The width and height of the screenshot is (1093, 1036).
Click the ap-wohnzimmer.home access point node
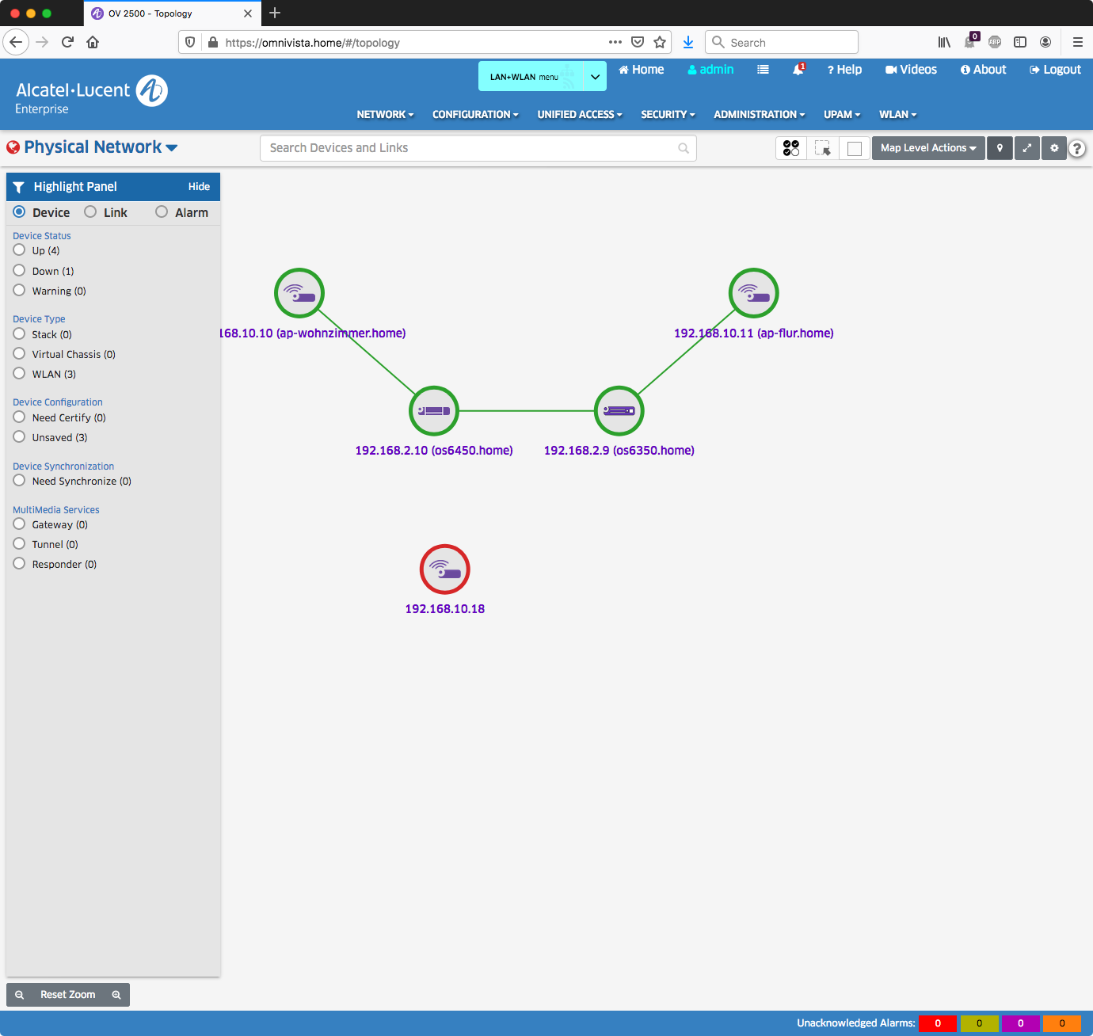[299, 293]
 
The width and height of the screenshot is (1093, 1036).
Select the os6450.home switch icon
[434, 411]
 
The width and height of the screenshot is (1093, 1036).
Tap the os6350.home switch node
[619, 411]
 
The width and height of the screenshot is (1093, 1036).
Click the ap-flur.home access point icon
[754, 293]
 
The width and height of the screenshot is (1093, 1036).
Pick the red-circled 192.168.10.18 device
[445, 569]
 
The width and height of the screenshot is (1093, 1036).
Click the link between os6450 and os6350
[527, 411]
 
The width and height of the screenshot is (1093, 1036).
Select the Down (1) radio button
[20, 270]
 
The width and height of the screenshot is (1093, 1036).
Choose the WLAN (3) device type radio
[20, 373]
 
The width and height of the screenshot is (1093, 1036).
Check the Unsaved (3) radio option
[20, 436]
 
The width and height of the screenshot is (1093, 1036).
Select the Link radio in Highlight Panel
[91, 211]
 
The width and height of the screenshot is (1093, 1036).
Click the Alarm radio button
[162, 211]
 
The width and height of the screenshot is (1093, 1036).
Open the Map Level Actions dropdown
[928, 148]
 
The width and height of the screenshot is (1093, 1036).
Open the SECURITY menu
[668, 115]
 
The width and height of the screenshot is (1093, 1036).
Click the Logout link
[1056, 70]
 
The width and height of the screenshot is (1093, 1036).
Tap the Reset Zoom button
[68, 995]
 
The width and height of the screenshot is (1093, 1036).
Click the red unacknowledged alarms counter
[938, 1023]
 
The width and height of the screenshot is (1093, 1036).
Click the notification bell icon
[798, 70]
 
